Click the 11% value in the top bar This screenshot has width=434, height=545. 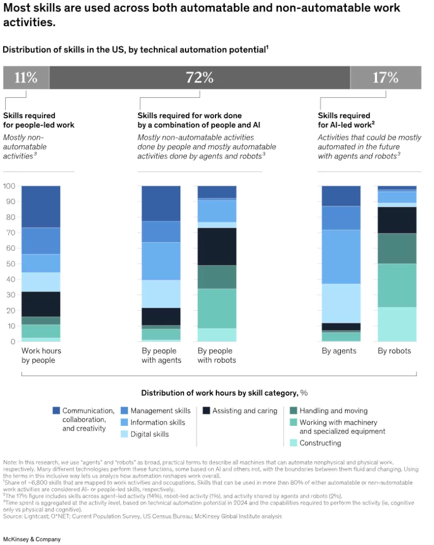[26, 78]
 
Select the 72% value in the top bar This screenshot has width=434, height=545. [199, 78]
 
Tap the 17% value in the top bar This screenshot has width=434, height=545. [385, 78]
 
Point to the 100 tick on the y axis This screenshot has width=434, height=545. [9, 186]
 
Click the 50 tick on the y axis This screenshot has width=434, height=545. [9, 264]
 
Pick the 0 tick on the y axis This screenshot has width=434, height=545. [11, 342]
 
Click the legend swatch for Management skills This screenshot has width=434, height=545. [124, 411]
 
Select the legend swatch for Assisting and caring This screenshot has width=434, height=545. [206, 411]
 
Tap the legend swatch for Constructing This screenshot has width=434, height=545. [293, 443]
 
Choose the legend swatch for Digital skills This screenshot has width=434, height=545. [124, 434]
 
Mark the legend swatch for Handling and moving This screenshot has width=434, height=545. [293, 411]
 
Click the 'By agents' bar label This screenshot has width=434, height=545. [339, 351]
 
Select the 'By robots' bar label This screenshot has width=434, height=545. [394, 351]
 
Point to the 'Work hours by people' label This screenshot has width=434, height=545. [41, 356]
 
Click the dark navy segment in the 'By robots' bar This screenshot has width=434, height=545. [397, 220]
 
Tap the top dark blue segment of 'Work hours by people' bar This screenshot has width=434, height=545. [41, 207]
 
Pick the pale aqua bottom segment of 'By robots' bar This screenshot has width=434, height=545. [397, 324]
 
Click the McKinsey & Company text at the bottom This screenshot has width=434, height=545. [32, 539]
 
